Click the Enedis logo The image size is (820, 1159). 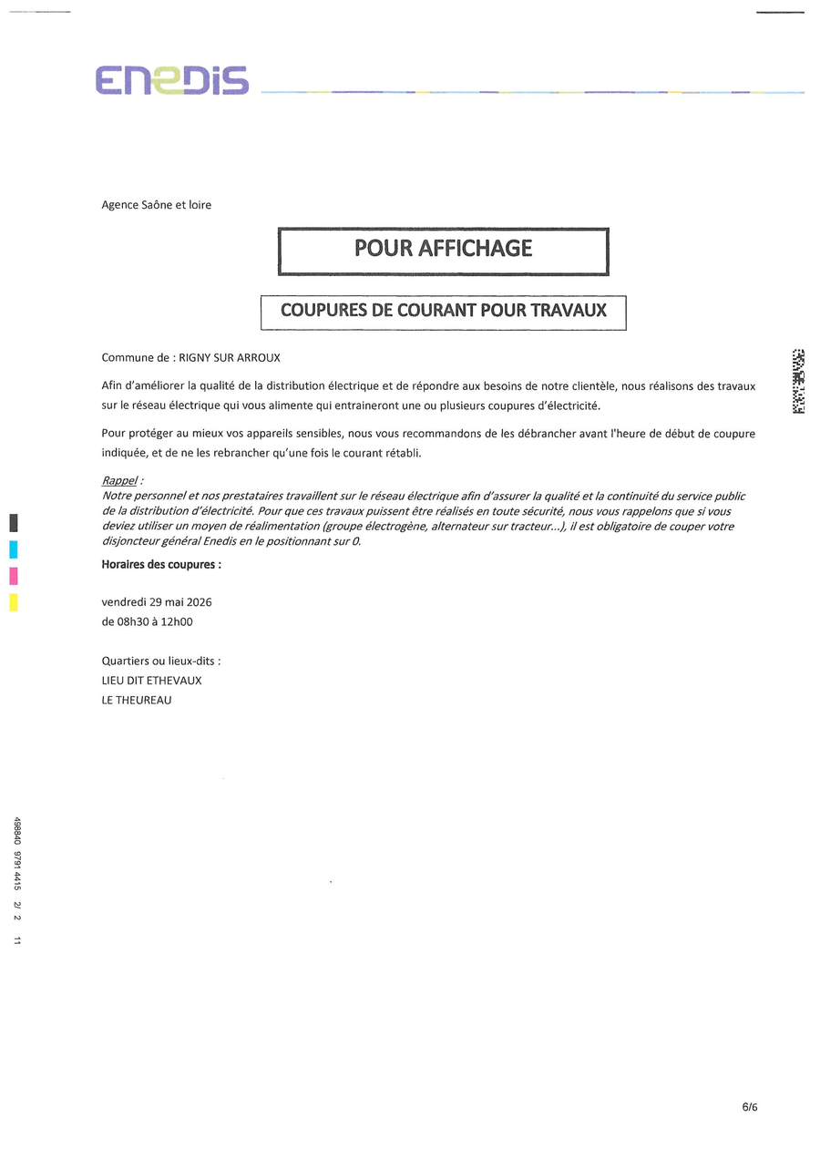click(x=172, y=80)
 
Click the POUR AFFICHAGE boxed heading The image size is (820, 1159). click(x=443, y=249)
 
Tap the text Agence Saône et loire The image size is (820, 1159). click(x=156, y=205)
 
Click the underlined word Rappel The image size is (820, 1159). click(x=118, y=480)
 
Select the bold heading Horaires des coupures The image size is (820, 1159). click(x=160, y=564)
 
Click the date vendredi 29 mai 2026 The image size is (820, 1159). click(x=157, y=602)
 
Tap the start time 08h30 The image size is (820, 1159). click(x=134, y=622)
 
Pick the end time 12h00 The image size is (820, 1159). click(x=178, y=622)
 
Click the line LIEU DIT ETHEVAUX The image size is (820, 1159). click(x=151, y=681)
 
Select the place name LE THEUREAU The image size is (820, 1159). click(x=137, y=701)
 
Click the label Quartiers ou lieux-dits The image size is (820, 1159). click(x=160, y=661)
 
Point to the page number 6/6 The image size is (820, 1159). click(x=749, y=1107)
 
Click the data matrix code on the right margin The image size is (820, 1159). click(x=798, y=381)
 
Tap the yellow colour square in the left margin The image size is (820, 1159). click(x=14, y=602)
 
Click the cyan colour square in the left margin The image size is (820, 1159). click(x=14, y=549)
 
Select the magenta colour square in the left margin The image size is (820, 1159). click(x=14, y=576)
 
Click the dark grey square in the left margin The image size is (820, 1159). click(x=14, y=523)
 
